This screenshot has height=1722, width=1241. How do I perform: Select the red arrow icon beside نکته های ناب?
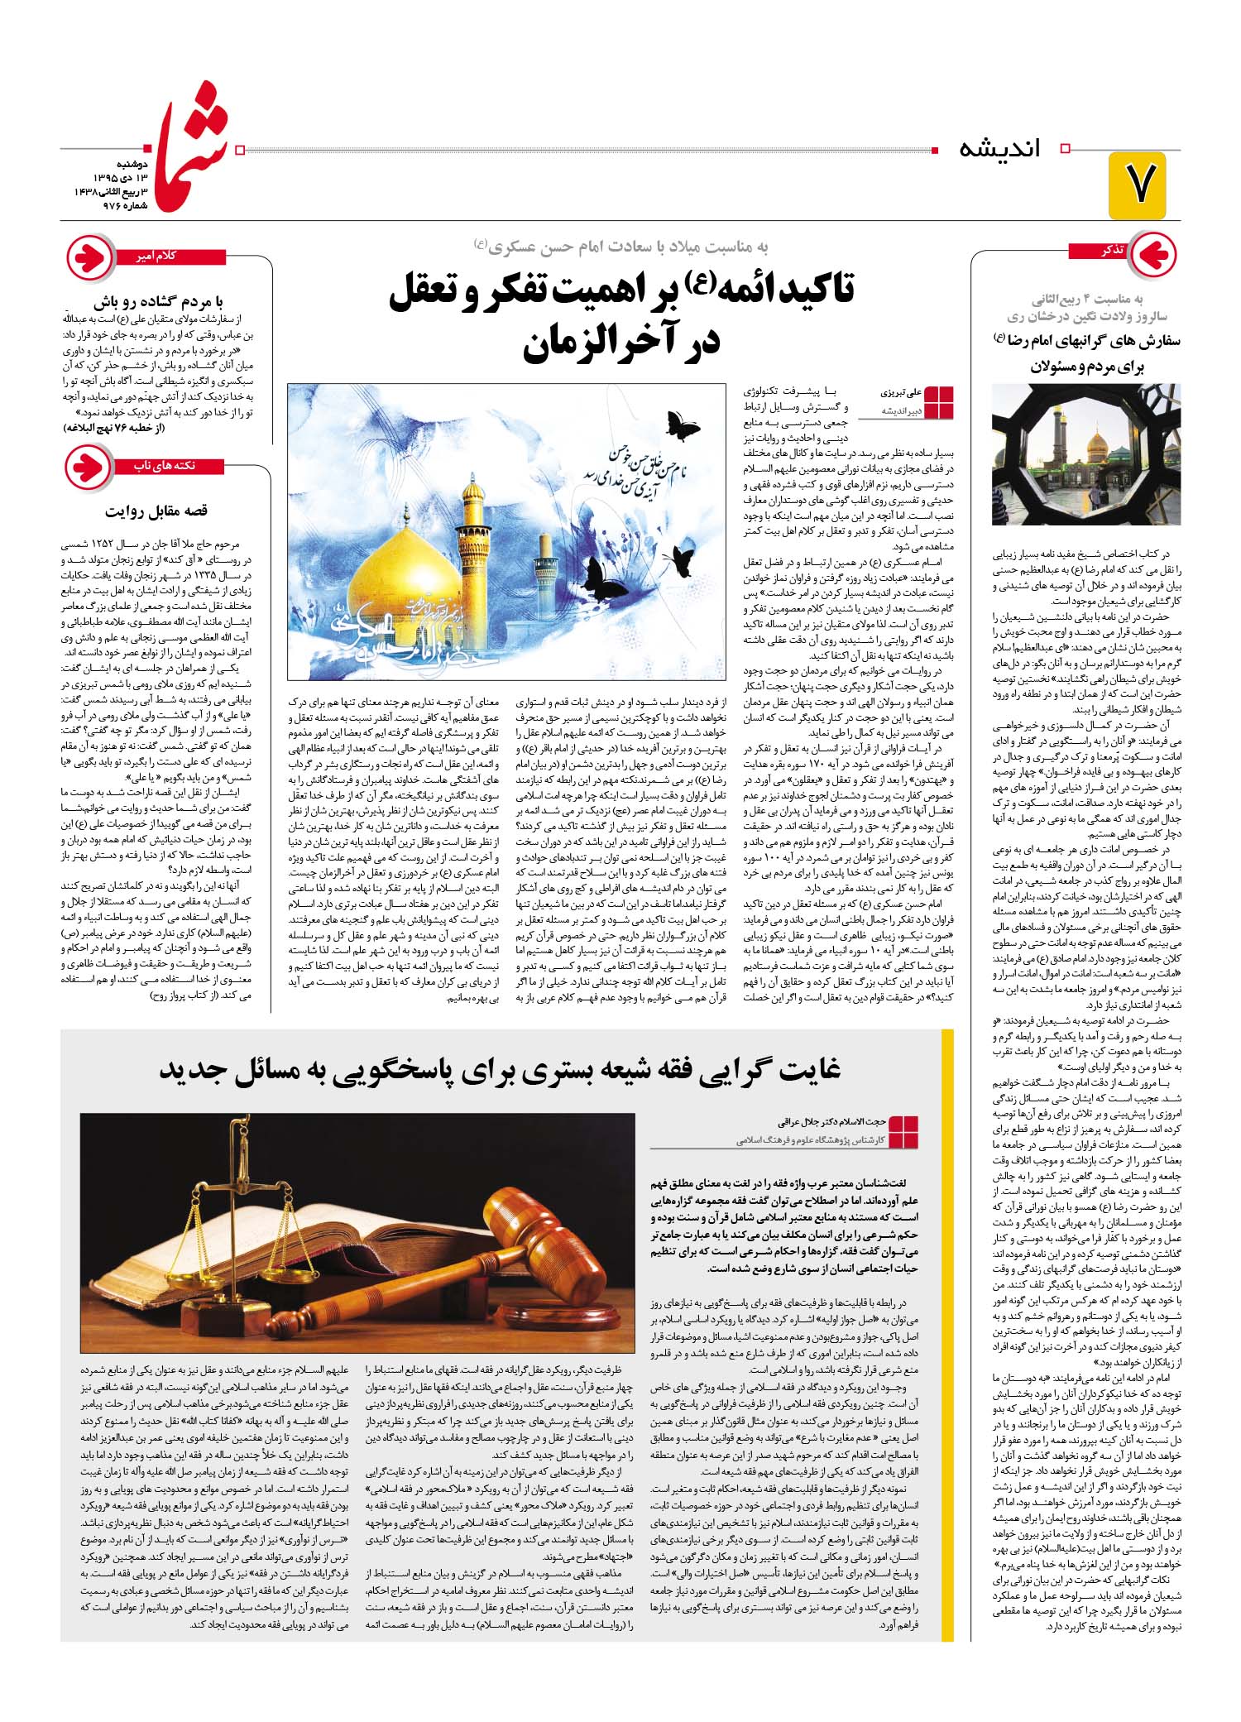(89, 467)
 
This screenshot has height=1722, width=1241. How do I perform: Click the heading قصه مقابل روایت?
(157, 511)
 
